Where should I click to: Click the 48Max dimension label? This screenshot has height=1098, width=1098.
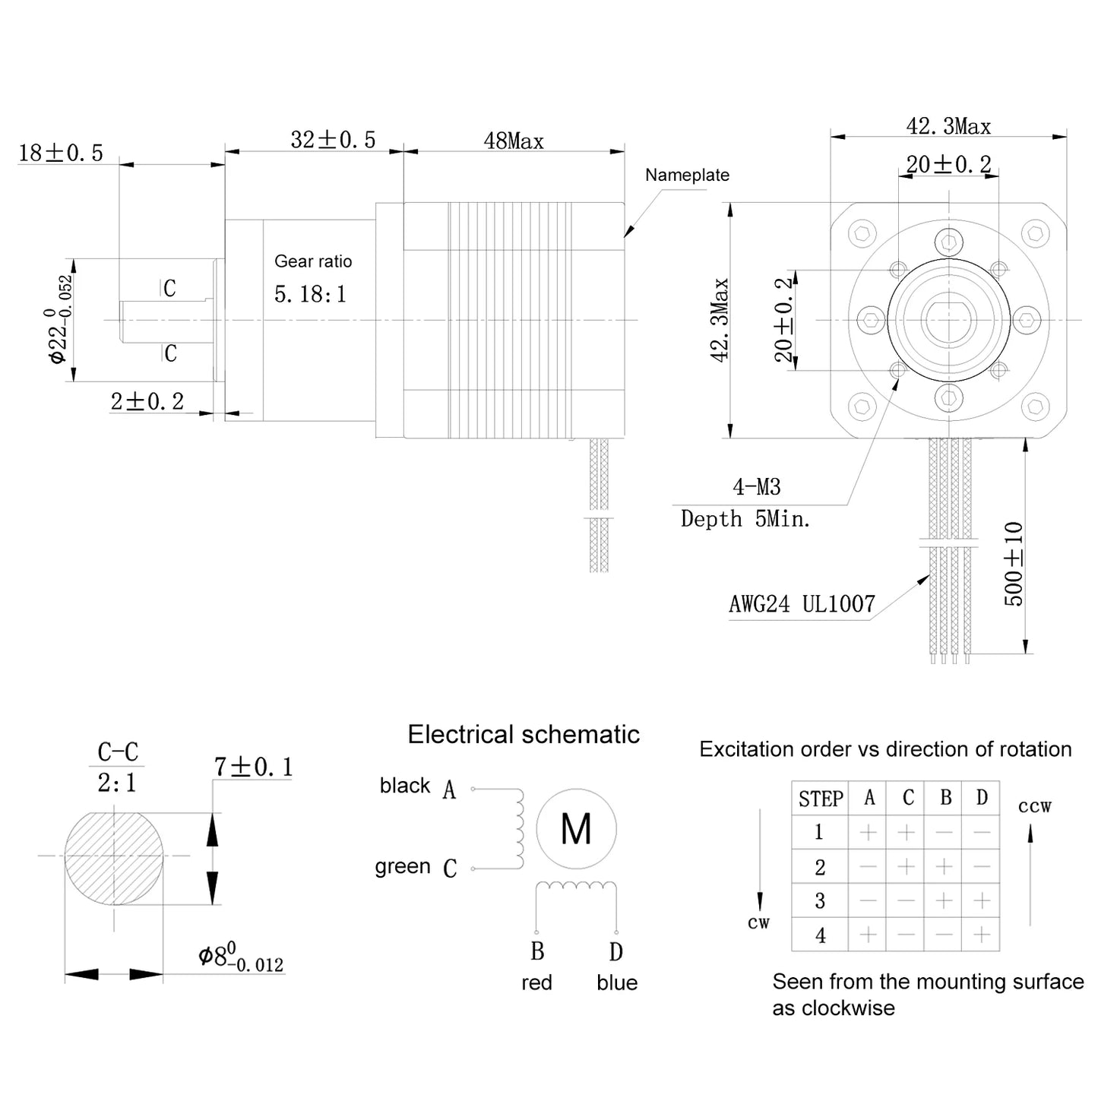pyautogui.click(x=514, y=141)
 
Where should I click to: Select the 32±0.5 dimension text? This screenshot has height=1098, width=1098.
pyautogui.click(x=333, y=140)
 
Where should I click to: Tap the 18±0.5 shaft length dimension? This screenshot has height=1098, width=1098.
pyautogui.click(x=61, y=153)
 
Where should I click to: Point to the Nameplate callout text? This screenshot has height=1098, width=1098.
pyautogui.click(x=687, y=175)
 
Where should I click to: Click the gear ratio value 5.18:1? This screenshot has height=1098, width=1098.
pyautogui.click(x=310, y=294)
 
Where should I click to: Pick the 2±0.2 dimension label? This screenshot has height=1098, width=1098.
pyautogui.click(x=147, y=401)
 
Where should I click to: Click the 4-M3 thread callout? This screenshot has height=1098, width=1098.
pyautogui.click(x=756, y=486)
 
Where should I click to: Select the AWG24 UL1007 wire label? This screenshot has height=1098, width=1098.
pyautogui.click(x=802, y=604)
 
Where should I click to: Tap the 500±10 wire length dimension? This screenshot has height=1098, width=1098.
pyautogui.click(x=1014, y=563)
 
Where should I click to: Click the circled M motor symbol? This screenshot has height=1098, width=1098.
pyautogui.click(x=576, y=829)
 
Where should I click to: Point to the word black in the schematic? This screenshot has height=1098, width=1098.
pyautogui.click(x=405, y=786)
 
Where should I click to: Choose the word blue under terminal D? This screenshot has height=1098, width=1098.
pyautogui.click(x=616, y=983)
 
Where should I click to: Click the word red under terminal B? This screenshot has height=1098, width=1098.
pyautogui.click(x=536, y=983)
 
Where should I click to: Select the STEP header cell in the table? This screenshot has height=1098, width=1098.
pyautogui.click(x=821, y=799)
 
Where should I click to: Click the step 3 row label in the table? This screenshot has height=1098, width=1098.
pyautogui.click(x=820, y=901)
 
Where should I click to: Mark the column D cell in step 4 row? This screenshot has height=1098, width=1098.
pyautogui.click(x=981, y=935)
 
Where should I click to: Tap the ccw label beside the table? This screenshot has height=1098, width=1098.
pyautogui.click(x=1034, y=806)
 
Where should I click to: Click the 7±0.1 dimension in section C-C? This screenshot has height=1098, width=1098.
pyautogui.click(x=253, y=767)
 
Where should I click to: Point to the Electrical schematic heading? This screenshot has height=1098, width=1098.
pyautogui.click(x=524, y=735)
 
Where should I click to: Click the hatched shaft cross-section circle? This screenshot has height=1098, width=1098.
pyautogui.click(x=114, y=859)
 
